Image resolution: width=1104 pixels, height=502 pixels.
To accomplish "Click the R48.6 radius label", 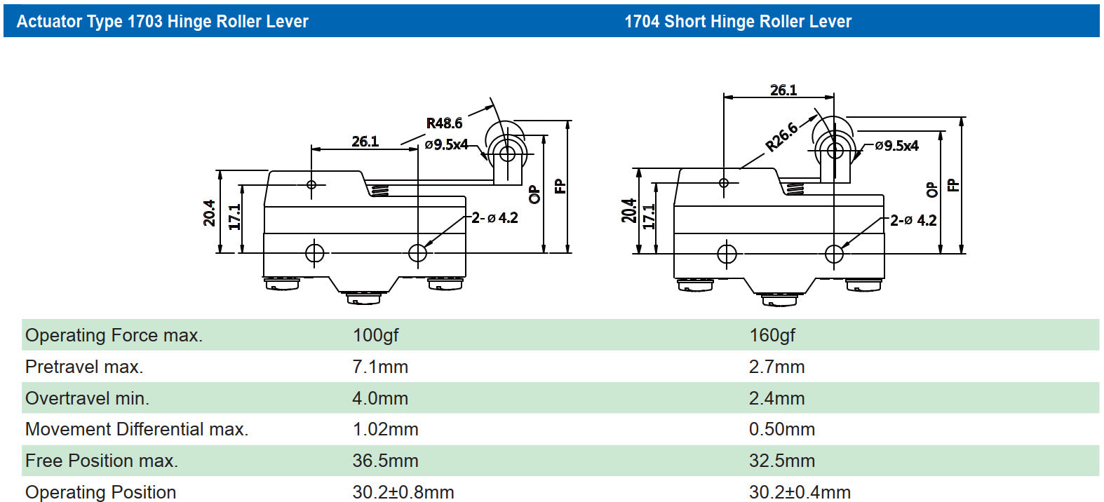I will [444, 123].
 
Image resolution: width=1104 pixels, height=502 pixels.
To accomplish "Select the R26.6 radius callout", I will [781, 136].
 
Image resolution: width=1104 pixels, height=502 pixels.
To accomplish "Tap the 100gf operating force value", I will [375, 335].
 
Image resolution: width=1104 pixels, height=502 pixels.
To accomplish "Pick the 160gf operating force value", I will [772, 335].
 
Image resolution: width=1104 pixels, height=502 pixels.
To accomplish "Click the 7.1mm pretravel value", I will [380, 367].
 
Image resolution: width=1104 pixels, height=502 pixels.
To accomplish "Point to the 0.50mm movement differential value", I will [782, 429].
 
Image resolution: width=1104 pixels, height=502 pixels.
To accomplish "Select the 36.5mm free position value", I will [385, 461].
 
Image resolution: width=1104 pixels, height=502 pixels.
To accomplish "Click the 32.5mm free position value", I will [782, 461].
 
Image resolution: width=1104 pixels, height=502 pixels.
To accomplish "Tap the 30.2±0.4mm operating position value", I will [800, 492].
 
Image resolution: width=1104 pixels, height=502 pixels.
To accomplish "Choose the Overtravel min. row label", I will [87, 398].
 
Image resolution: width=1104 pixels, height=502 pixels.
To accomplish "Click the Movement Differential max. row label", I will [137, 429].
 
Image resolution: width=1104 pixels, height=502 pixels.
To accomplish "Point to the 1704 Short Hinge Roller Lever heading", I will [738, 22].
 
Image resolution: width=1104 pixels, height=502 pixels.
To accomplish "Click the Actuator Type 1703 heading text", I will [162, 22].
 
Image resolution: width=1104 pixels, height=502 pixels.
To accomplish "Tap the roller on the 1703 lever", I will [507, 153].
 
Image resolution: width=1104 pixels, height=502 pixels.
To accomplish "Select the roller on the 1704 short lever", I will [835, 151].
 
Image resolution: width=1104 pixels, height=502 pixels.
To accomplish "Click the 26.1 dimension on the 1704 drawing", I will [783, 90].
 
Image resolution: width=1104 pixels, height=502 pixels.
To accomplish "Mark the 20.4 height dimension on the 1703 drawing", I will [209, 213].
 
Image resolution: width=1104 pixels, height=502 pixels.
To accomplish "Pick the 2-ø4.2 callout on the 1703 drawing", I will [494, 218].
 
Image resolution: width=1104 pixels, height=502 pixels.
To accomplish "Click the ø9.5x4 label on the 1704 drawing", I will [896, 146].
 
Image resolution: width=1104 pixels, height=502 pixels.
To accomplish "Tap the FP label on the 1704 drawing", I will [952, 185].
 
